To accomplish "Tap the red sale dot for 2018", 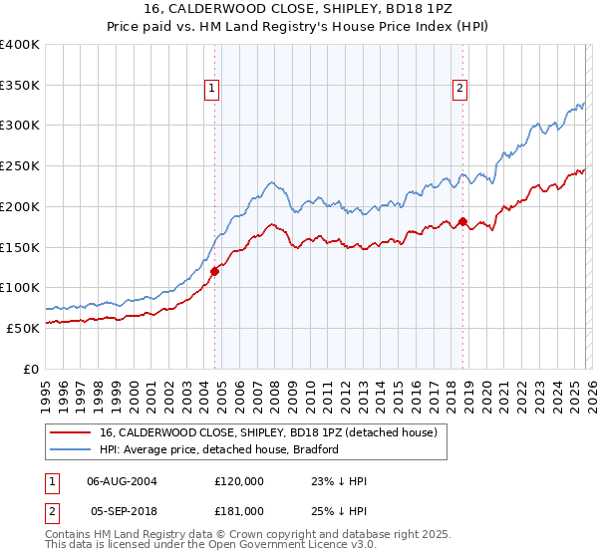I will [x=462, y=222].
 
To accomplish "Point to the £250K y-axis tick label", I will [x=19, y=166].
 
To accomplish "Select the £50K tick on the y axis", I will [x=22, y=328].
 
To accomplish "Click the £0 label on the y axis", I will [x=30, y=369].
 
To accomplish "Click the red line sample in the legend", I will [x=71, y=433].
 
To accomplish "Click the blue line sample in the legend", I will [x=71, y=450].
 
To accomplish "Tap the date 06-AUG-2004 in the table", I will [x=123, y=480].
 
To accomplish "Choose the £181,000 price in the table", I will [x=239, y=510].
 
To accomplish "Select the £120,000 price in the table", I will [x=239, y=480].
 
